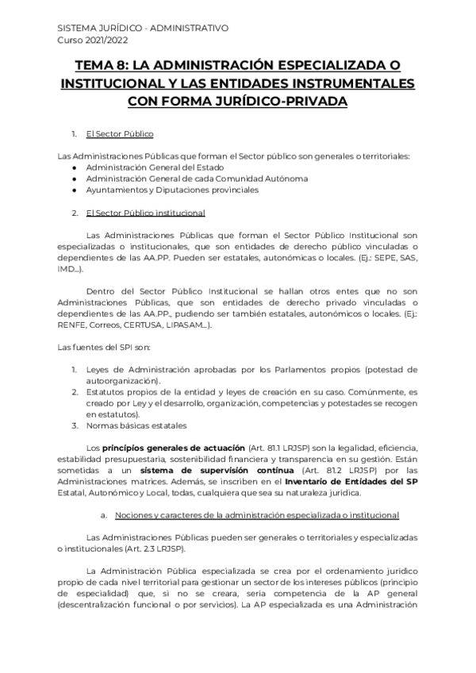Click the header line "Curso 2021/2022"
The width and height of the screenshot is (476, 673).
[x=93, y=39]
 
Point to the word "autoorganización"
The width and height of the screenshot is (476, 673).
[x=122, y=381]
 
